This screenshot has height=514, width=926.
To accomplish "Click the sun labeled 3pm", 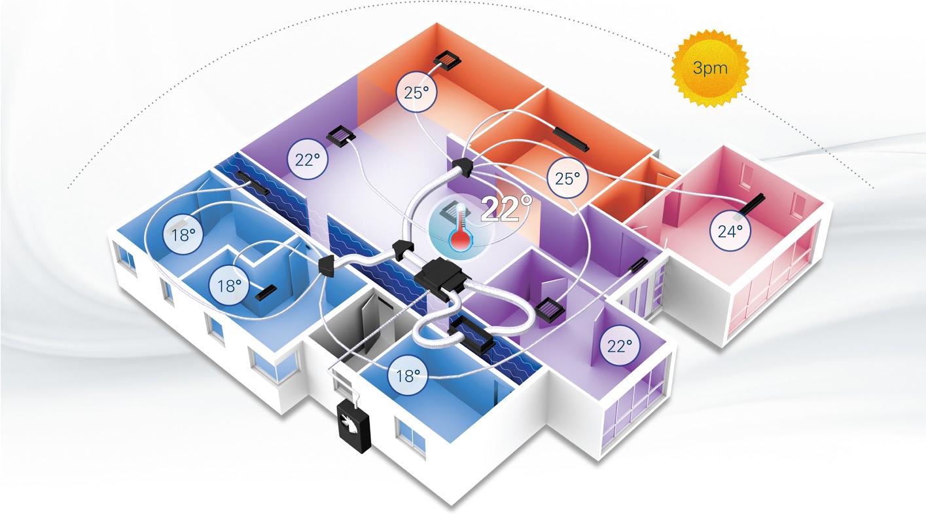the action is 710,68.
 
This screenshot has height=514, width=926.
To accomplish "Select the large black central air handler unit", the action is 439,278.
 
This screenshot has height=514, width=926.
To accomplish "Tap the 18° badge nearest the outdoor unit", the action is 408,375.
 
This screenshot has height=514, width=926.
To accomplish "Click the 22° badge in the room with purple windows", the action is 620,345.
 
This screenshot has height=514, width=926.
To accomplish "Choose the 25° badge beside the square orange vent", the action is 416,92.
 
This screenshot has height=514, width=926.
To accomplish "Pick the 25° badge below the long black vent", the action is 567,178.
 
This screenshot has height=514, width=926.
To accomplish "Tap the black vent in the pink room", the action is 751,206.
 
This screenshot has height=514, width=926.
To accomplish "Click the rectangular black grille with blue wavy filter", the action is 471,335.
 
